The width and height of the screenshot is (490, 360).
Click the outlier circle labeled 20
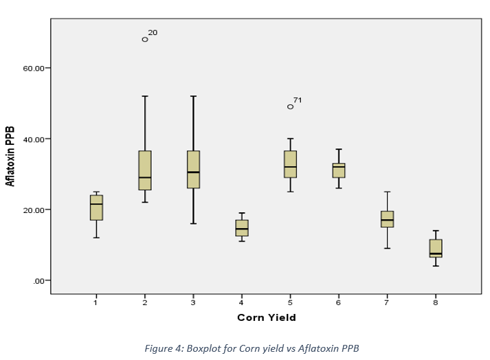[145, 39]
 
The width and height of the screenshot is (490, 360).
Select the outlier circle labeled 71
[290, 106]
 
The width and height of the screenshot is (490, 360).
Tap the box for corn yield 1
[96, 207]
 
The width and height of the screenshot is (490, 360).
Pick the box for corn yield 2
[145, 170]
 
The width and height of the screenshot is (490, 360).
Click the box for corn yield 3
[193, 169]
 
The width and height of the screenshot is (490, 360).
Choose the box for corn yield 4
[242, 228]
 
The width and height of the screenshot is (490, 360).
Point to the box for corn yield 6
[339, 170]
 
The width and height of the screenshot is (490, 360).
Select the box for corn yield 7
[387, 219]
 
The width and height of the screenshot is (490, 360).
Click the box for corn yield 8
[436, 248]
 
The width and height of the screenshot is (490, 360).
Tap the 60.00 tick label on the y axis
[34, 69]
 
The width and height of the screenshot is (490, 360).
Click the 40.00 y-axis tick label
[34, 139]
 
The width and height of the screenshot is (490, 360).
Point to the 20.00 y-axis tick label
[34, 210]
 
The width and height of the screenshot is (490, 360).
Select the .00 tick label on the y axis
[38, 281]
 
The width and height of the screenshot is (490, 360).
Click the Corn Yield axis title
[267, 317]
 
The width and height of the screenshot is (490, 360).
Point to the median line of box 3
[193, 172]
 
